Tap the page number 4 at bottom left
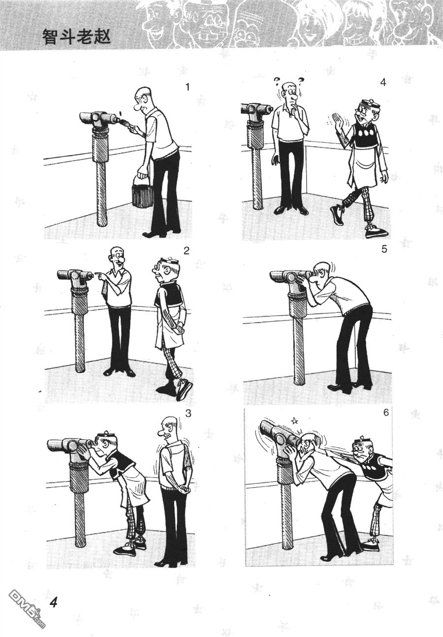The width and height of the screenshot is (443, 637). pos(55,602)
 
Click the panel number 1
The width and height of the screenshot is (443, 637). pos(187,88)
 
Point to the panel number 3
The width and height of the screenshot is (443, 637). pos(188,413)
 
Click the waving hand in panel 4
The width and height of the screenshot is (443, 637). pos(338,122)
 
